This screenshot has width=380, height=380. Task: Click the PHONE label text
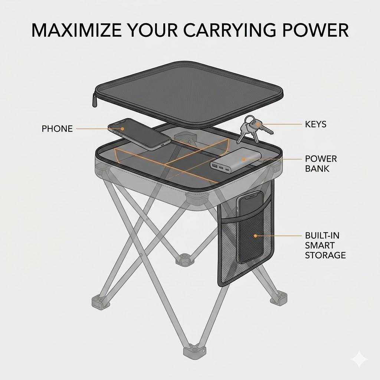click(x=57, y=129)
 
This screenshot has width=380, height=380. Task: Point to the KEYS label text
click(x=316, y=124)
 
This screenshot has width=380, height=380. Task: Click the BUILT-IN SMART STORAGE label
click(x=325, y=245)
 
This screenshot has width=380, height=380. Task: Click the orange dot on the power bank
click(x=244, y=159)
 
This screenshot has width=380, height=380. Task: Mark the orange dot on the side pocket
click(x=255, y=236)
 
